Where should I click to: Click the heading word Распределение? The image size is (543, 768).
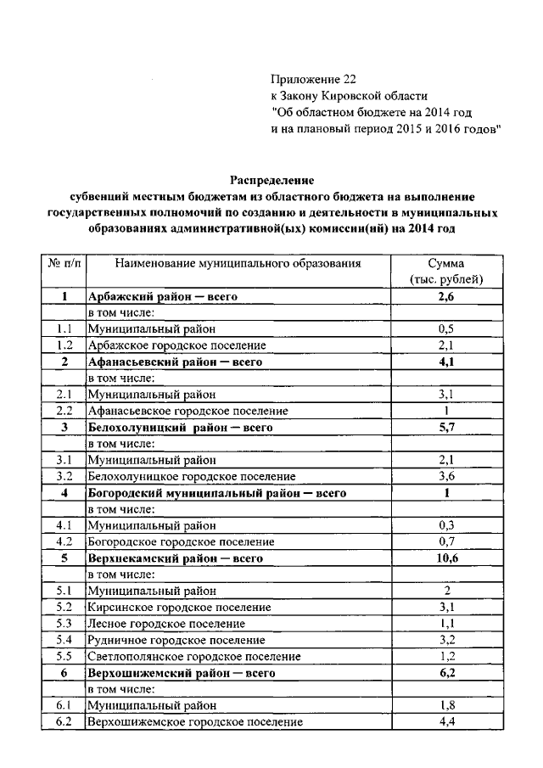pos(272,180)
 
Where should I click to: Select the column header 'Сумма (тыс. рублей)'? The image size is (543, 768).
pos(445,272)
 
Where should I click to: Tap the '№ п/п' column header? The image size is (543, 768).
pos(64,264)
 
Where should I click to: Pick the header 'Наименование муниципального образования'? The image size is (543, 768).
pos(238,264)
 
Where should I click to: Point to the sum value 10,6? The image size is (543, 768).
pos(445,558)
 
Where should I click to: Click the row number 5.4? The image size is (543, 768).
pos(64,640)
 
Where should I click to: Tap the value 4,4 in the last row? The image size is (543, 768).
pos(445,721)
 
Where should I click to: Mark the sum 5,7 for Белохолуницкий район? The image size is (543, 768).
pos(445,428)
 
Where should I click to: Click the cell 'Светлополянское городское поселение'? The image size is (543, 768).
pos(193,656)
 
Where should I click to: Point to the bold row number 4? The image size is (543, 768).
pos(64,493)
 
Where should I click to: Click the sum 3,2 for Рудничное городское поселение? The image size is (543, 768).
pos(445,640)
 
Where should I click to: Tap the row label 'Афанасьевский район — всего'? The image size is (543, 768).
pos(175,362)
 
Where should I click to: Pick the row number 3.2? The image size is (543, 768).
pos(64,476)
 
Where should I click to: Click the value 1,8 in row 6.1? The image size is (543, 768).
pos(445,705)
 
